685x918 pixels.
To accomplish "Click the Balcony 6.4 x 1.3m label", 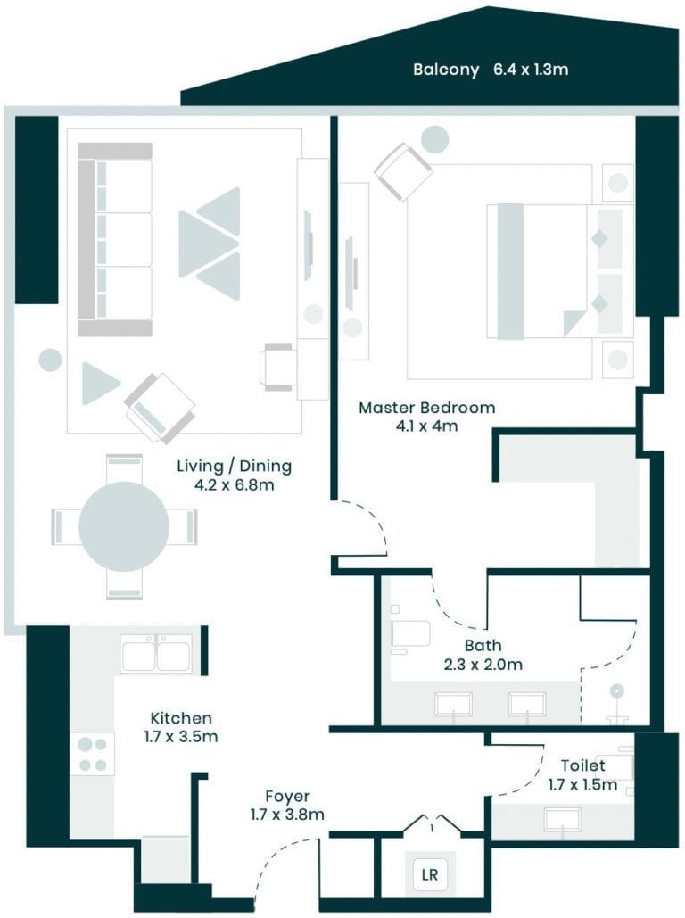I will coord(490,70).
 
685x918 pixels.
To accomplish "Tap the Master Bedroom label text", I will coord(426,417).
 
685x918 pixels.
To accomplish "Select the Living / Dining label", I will coord(234,476).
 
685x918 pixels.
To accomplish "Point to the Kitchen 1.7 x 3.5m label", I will coord(182,727).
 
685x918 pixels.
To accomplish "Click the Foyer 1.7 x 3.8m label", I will coord(287,805).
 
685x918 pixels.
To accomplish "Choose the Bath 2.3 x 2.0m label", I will coord(483,654).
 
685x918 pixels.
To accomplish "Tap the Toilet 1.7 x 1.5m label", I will coord(582,774).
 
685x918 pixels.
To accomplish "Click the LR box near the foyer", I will coord(430,875).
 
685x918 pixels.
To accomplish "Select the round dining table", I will coord(124,526).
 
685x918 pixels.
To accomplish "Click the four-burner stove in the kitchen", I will coord(93,754).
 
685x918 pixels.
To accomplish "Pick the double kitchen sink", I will coord(156,653).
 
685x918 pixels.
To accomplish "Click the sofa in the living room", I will coord(114,239).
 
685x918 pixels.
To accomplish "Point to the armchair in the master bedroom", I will coord(403,171).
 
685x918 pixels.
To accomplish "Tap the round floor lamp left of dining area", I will coord(50,360).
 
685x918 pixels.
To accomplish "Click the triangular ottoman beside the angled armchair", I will coord(99,384).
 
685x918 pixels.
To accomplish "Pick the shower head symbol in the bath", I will coord(616,691).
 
